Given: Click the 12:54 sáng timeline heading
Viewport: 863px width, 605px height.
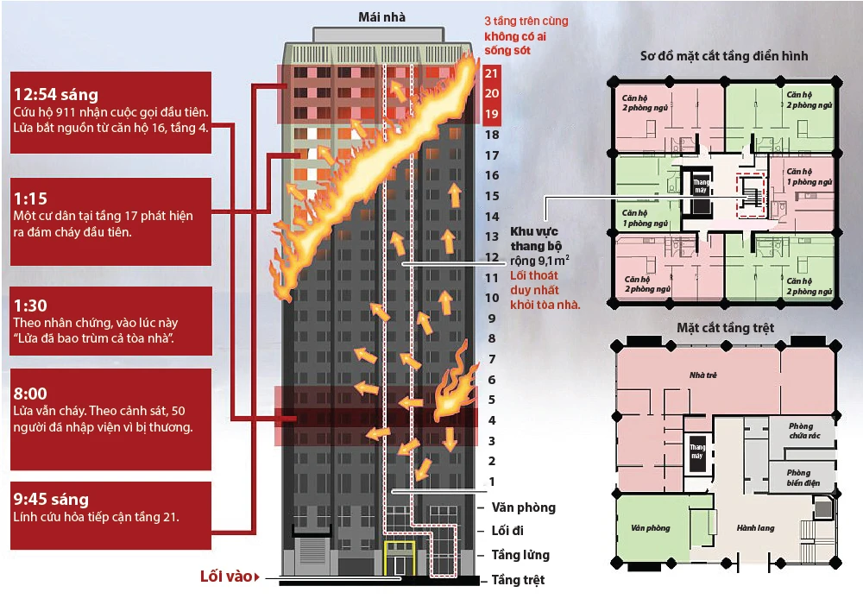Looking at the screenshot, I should click(x=56, y=94).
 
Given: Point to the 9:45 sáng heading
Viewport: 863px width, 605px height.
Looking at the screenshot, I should click(x=51, y=499).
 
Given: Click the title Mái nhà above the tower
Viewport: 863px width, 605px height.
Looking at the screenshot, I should click(x=382, y=16).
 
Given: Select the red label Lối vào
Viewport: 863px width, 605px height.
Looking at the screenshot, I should click(x=227, y=576).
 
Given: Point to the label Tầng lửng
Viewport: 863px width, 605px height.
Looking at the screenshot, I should click(x=520, y=555).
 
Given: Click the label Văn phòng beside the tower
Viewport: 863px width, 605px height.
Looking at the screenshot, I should click(x=524, y=507).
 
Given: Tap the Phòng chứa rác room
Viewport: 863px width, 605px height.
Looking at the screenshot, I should click(x=801, y=431).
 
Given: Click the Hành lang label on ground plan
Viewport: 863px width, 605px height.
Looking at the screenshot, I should click(x=755, y=527).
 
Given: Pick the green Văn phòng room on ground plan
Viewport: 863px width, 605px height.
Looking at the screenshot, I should click(x=651, y=527).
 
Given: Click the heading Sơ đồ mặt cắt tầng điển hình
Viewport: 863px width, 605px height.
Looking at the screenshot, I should click(x=724, y=56).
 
